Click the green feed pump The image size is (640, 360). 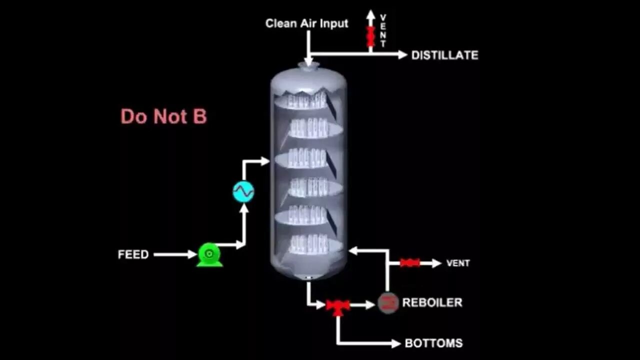[x=209, y=254]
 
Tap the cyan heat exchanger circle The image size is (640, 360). [x=243, y=191]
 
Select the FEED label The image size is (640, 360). [x=133, y=254]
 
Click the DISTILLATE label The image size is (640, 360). [x=444, y=55]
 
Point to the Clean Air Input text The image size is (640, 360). [x=306, y=23]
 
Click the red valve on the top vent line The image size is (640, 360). [x=370, y=36]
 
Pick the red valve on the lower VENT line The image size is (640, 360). [x=410, y=263]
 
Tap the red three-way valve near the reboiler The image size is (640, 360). [x=338, y=305]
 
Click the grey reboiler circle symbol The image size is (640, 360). [x=388, y=302]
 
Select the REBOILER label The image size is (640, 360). [x=432, y=302]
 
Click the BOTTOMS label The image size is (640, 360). [x=433, y=343]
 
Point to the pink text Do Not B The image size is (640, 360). [x=163, y=116]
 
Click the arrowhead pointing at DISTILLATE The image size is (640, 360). [x=402, y=54]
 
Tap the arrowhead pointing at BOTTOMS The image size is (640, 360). [x=396, y=343]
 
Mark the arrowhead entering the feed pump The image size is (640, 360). [x=192, y=254]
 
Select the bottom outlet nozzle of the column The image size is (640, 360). [x=308, y=277]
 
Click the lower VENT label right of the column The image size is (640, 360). [x=457, y=263]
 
